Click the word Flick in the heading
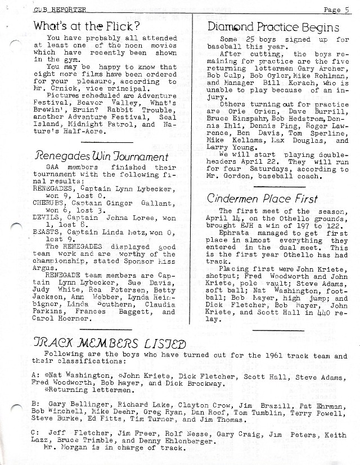(122, 26)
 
